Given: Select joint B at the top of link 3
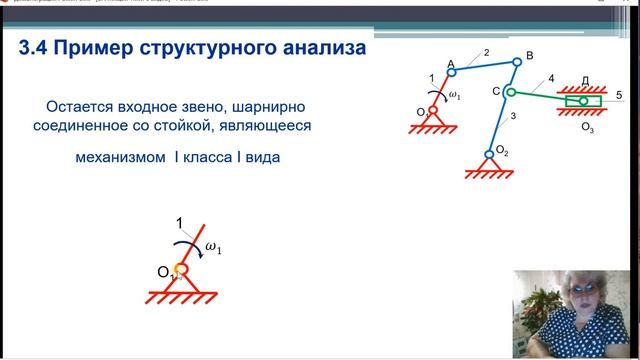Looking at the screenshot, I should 517,61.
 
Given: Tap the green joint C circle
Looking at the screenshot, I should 508,92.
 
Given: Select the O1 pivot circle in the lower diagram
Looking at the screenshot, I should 182,269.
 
